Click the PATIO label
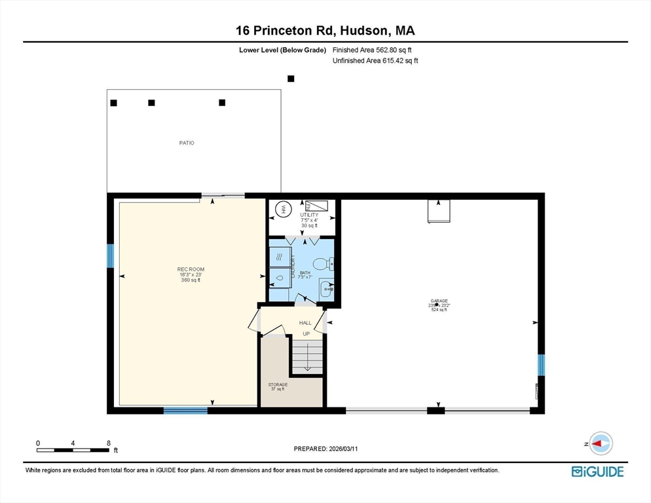pos(187,143)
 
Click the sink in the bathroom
pos(326,288)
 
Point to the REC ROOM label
pos(191,269)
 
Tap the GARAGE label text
pos(438,301)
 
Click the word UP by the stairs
pos(306,334)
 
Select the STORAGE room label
pos(278,384)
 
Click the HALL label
pos(305,323)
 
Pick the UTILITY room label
pos(308,215)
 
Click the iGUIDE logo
pos(597,472)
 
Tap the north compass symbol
pos(600,443)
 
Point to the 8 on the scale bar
pos(108,443)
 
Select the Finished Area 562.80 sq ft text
pos(372,50)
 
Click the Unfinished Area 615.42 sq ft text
pos(375,61)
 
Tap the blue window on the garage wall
pos(541,364)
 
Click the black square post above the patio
pos(291,79)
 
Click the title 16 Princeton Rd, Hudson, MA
pos(325,30)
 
